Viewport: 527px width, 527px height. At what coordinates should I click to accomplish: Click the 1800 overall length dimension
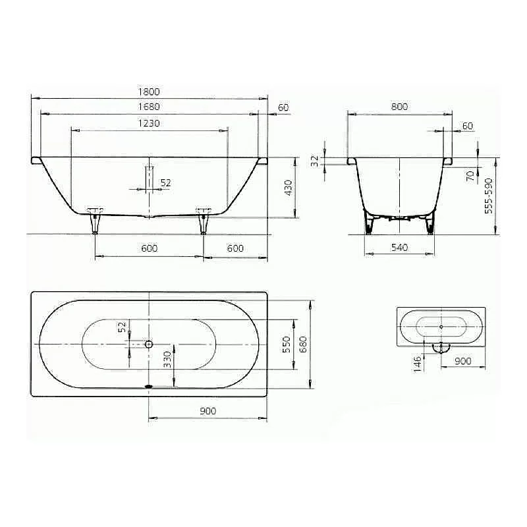click(x=149, y=92)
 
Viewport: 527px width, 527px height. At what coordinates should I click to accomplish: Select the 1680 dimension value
click(x=149, y=107)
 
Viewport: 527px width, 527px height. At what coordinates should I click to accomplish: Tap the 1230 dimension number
click(x=149, y=123)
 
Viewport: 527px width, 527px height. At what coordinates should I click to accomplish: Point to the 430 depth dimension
click(x=289, y=188)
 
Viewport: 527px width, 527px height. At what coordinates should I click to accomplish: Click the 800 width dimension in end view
click(x=399, y=107)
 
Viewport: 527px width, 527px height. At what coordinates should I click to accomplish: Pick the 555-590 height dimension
click(x=488, y=196)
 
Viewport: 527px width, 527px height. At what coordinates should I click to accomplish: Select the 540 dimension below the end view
click(x=399, y=248)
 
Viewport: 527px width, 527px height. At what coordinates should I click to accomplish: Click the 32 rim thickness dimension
click(x=315, y=161)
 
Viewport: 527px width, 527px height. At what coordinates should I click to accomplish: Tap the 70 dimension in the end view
click(x=470, y=175)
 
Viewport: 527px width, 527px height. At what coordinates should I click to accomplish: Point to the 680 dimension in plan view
click(x=303, y=344)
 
